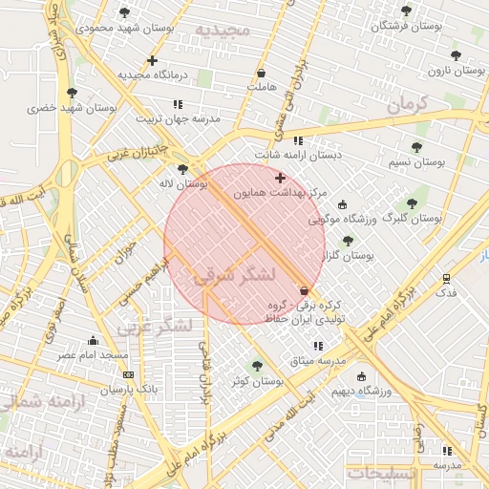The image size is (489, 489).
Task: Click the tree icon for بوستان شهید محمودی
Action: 124,12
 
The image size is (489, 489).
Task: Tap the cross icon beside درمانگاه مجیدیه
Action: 152,60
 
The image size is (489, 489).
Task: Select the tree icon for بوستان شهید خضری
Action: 72,93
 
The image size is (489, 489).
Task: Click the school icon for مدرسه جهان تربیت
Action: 178,104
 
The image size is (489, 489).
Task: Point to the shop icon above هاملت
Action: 261,73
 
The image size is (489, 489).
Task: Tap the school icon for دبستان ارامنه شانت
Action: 298,139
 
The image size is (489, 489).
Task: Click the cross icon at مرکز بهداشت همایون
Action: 280,178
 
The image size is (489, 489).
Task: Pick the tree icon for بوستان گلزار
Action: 348,241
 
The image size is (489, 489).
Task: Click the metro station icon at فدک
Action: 447,278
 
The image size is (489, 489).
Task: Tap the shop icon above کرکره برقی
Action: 305,290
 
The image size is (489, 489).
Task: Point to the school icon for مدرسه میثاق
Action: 318,345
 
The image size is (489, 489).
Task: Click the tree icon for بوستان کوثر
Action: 255,365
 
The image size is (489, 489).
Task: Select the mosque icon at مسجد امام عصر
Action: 94,340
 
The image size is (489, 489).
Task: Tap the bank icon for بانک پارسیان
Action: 128,374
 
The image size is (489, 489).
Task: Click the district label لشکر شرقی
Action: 235,275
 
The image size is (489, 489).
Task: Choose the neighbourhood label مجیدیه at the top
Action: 223,30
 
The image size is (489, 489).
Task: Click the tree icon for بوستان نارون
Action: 455,55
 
